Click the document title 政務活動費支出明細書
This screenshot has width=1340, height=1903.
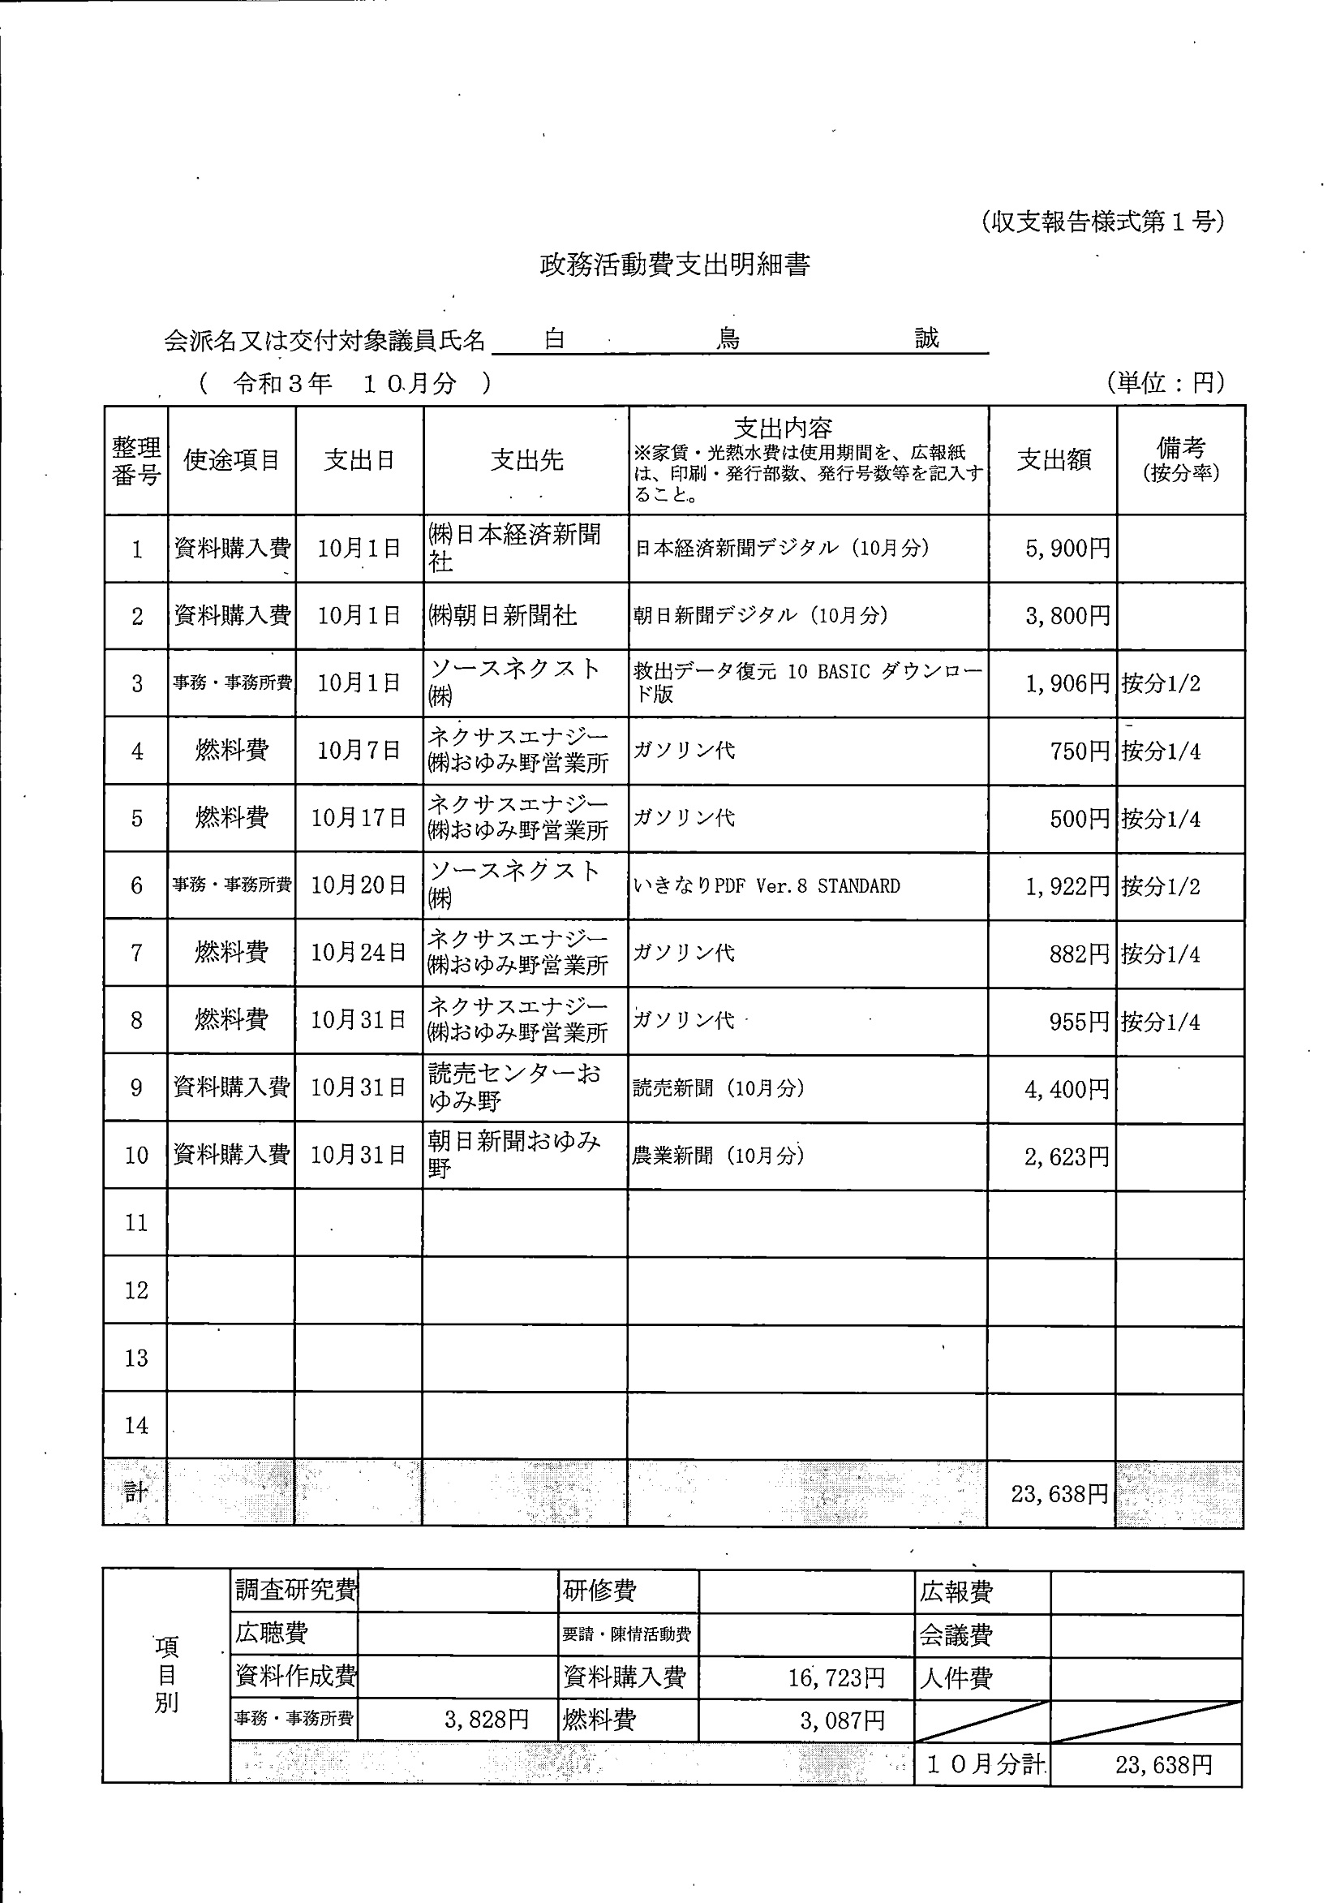tap(675, 265)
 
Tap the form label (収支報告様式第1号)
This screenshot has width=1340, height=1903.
tap(1102, 222)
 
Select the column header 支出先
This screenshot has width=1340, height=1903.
tap(526, 460)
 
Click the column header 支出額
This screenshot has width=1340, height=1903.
tap(1054, 460)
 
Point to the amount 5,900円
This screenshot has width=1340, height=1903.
tap(1067, 549)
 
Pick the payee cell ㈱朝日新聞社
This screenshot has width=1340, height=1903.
tap(502, 616)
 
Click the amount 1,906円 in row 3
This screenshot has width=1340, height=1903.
tap(1067, 684)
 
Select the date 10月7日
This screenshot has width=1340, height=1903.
tap(359, 751)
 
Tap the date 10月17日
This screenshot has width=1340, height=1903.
tap(359, 818)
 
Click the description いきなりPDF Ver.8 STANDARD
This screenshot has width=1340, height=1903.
tap(766, 886)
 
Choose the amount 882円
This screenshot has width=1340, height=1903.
tap(1079, 954)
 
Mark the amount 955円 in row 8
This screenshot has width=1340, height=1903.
tap(1079, 1022)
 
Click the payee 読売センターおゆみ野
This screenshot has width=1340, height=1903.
tap(514, 1087)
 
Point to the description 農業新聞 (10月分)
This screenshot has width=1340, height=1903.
tap(718, 1156)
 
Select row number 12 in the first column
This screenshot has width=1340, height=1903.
tap(136, 1290)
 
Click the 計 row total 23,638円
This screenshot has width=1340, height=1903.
tap(1059, 1494)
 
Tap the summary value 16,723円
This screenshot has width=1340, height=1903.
tap(836, 1678)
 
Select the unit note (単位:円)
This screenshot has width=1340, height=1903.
tap(1165, 382)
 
